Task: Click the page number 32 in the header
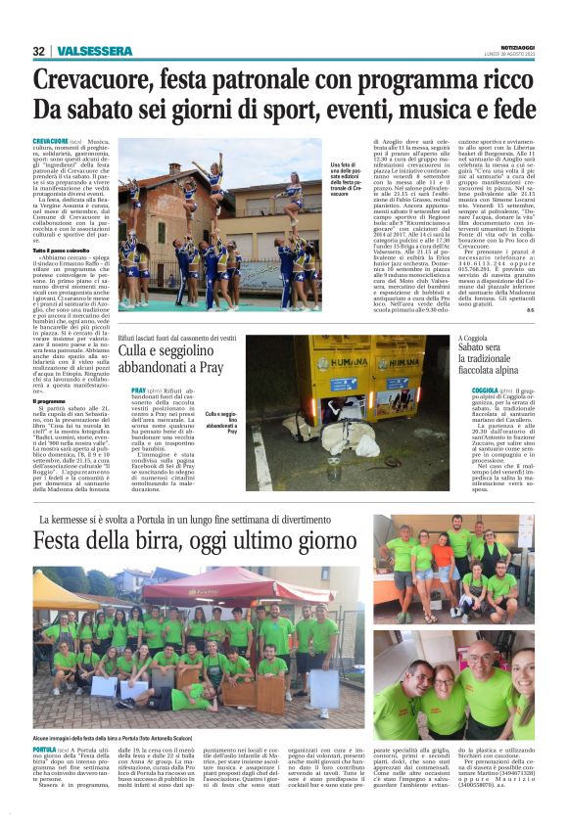click(38, 51)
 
